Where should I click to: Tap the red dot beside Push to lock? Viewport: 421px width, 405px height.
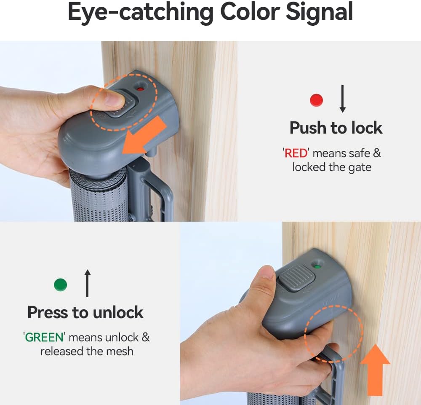(316, 100)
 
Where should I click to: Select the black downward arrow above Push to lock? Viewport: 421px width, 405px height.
(342, 99)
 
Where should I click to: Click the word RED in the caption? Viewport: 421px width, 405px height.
(296, 153)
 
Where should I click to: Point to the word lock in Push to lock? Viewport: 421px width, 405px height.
(367, 128)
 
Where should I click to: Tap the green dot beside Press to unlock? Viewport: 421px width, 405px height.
(60, 284)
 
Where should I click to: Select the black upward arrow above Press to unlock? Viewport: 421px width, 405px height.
(87, 283)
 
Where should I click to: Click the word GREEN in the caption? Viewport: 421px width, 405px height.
(44, 337)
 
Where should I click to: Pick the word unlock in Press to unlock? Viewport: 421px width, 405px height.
(118, 312)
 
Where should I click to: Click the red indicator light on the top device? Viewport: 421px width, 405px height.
(140, 89)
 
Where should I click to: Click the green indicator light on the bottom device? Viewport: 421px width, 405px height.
(317, 267)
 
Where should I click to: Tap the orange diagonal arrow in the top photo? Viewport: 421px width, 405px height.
(144, 136)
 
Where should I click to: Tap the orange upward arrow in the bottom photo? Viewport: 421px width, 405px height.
(375, 370)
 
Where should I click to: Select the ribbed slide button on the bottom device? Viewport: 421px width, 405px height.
(296, 278)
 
